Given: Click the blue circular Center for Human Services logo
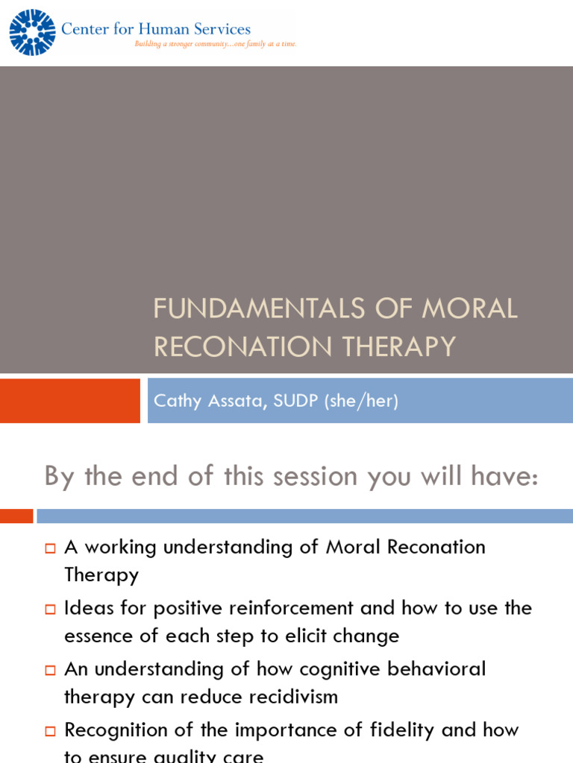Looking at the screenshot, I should (x=32, y=32).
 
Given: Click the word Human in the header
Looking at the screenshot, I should (x=160, y=29).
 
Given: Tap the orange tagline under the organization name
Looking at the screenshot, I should (x=215, y=44).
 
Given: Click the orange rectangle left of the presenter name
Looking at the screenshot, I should (x=69, y=401).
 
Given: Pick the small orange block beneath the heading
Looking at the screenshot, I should (x=16, y=516).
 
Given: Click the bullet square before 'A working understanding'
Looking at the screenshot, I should (x=50, y=548).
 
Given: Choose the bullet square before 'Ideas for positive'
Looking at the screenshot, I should (x=50, y=609).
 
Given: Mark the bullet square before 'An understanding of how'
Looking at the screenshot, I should (x=50, y=670).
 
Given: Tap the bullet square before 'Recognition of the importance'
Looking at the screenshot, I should (x=50, y=731).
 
